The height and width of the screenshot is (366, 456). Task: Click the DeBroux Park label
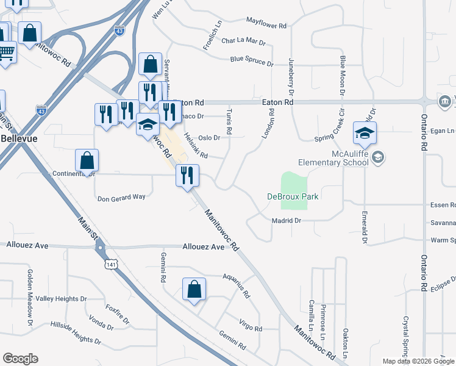pos(293,196)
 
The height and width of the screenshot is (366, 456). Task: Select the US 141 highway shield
pos(110,264)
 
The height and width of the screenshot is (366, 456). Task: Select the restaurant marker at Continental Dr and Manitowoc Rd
pos(187,175)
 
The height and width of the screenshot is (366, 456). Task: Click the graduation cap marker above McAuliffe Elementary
pos(365,133)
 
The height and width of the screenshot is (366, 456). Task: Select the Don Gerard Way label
pos(122,198)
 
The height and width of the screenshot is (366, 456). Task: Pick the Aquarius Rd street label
pos(237,285)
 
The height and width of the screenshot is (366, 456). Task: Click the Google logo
pos(20,359)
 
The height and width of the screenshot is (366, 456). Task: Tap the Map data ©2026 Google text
pos(418,361)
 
